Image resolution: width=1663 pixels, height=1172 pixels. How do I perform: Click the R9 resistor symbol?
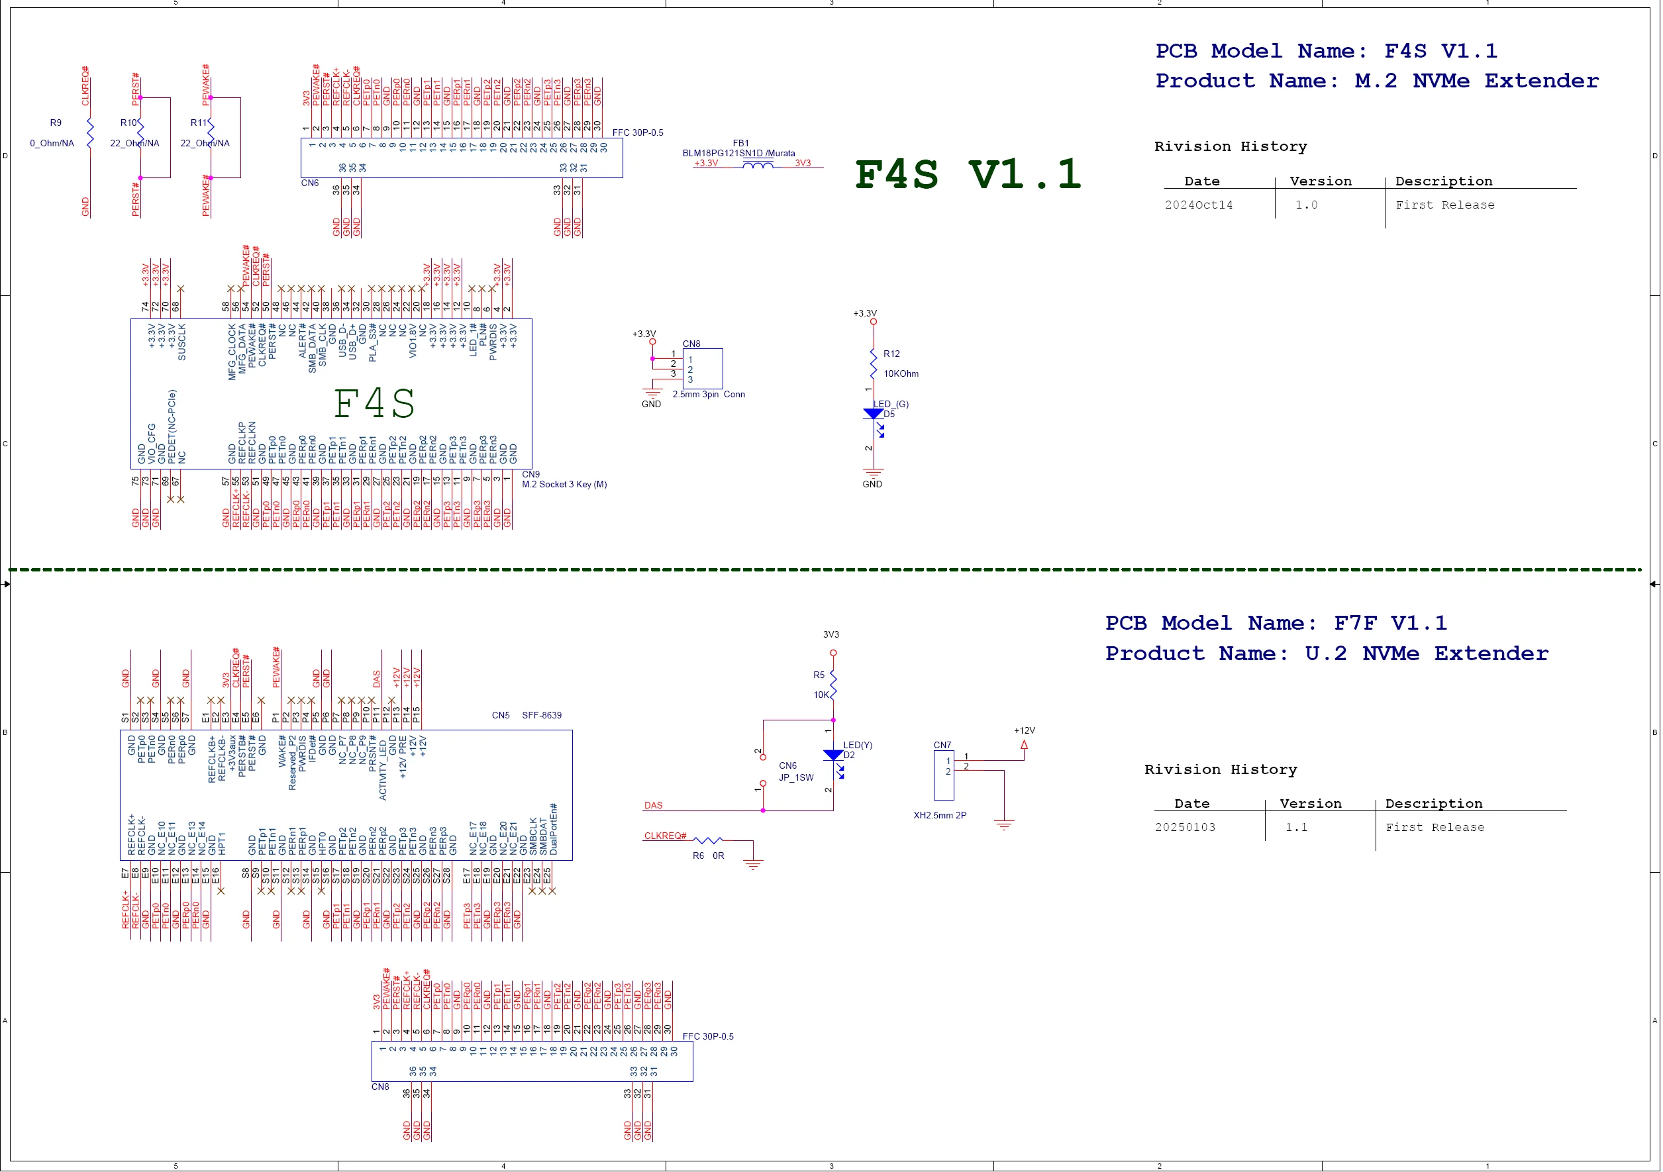91,134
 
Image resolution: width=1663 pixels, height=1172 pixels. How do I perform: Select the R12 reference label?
891,354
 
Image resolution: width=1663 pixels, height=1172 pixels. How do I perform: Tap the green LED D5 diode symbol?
874,415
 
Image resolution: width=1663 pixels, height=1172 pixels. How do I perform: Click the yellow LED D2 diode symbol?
834,756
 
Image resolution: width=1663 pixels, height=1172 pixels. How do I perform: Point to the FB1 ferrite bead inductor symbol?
758,165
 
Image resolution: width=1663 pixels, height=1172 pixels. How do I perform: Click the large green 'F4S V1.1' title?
968,176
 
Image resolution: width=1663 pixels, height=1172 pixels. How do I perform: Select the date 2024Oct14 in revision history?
1199,205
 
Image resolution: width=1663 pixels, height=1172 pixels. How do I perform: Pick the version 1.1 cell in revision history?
1297,827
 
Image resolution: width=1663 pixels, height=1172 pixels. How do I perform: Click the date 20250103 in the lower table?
1185,827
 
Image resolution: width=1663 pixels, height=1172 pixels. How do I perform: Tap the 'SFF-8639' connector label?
542,716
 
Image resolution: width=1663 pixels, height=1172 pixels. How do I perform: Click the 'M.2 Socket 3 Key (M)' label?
564,485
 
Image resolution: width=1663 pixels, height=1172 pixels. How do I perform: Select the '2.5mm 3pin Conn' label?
709,395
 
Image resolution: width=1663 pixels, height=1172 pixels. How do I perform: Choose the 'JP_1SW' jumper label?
796,778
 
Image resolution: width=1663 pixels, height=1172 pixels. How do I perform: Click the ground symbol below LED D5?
874,473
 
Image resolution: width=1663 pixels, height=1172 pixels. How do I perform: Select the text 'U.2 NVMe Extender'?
1427,654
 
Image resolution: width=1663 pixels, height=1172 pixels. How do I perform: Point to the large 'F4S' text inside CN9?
374,403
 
